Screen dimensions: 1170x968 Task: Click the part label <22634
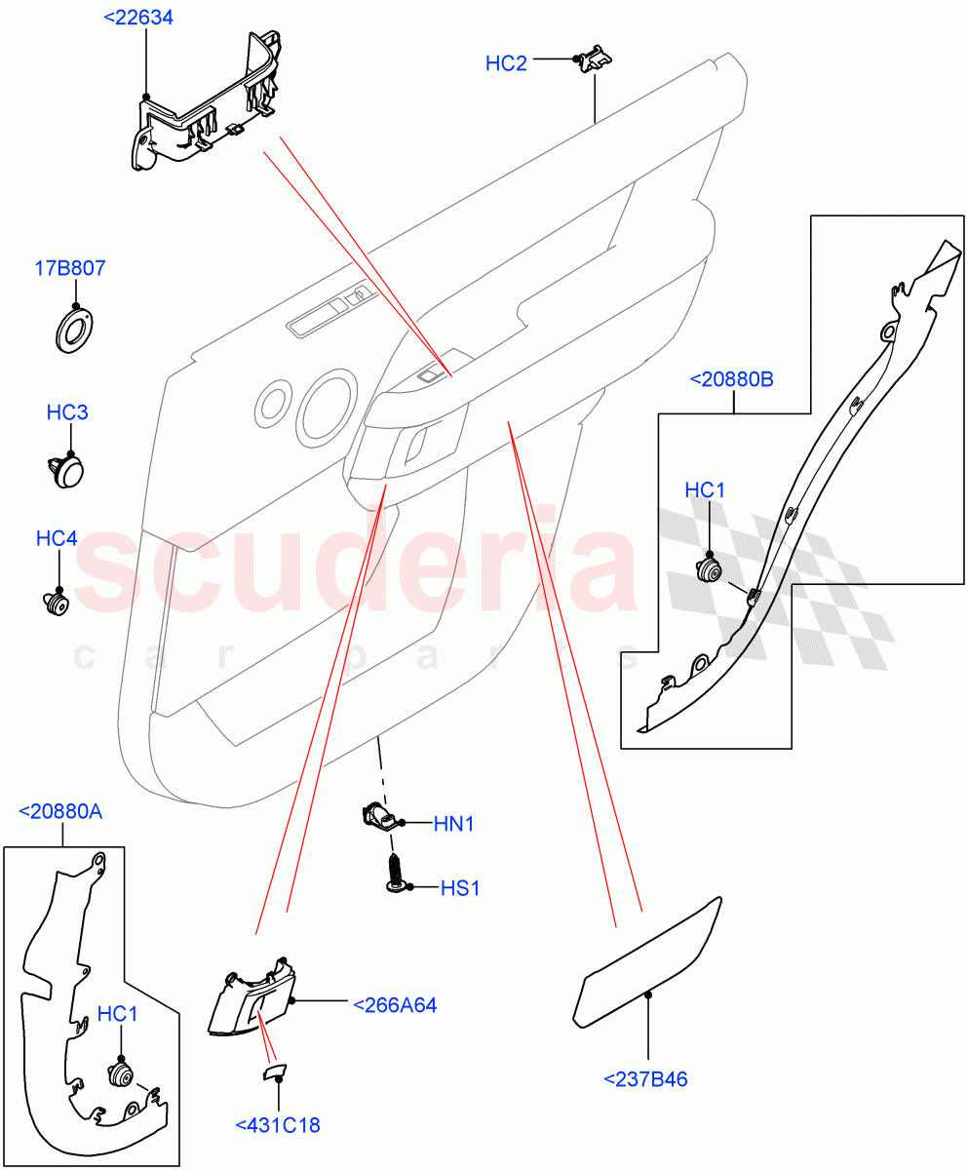(x=138, y=18)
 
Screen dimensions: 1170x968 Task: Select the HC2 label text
(x=506, y=63)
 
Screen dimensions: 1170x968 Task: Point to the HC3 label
(x=67, y=412)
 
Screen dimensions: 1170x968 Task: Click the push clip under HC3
(x=66, y=470)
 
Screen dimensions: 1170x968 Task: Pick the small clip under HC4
(x=58, y=604)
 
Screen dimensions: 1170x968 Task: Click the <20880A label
(x=60, y=810)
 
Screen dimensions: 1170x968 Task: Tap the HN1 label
(x=453, y=824)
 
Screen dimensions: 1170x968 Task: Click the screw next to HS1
(x=396, y=871)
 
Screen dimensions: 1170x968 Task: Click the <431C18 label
(x=278, y=1125)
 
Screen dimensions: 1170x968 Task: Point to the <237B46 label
(x=645, y=1078)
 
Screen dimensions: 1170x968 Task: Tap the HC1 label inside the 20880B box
(x=705, y=490)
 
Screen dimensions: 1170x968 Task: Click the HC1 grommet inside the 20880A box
(x=121, y=1074)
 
